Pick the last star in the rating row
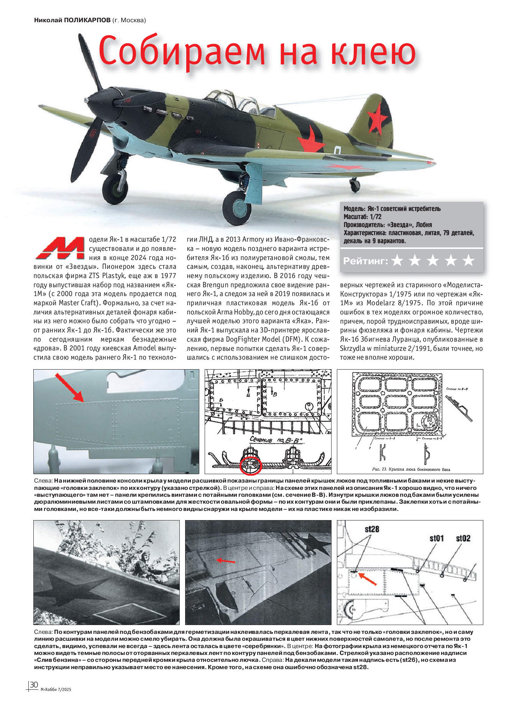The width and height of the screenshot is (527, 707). [x=468, y=261]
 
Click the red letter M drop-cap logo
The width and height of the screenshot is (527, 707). [x=60, y=248]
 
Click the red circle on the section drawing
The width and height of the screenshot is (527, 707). [x=250, y=465]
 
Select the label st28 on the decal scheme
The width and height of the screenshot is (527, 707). [x=372, y=529]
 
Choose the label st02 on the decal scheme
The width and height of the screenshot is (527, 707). [x=463, y=538]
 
